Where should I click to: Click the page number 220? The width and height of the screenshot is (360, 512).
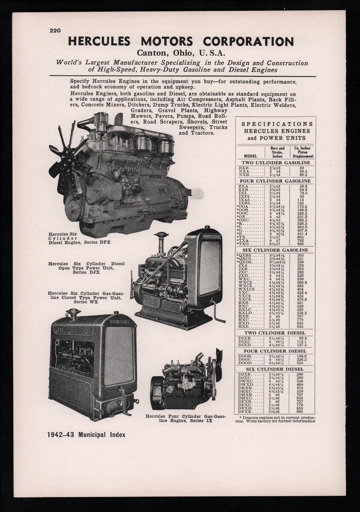pyautogui.click(x=55, y=30)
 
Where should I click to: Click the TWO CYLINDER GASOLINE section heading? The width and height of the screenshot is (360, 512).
pyautogui.click(x=276, y=163)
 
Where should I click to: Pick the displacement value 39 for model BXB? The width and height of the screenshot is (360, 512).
pyautogui.click(x=302, y=168)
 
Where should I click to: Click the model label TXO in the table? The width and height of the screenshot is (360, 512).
pyautogui.click(x=244, y=244)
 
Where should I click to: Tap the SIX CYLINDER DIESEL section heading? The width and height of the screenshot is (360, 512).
pyautogui.click(x=276, y=369)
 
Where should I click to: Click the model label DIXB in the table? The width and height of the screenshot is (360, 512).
pyautogui.click(x=245, y=337)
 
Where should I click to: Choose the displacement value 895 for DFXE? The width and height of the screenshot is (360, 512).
pyautogui.click(x=302, y=412)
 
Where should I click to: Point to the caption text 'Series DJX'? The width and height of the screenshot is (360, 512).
pyautogui.click(x=86, y=272)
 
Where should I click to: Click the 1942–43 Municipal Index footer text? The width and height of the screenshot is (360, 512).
pyautogui.click(x=87, y=435)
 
